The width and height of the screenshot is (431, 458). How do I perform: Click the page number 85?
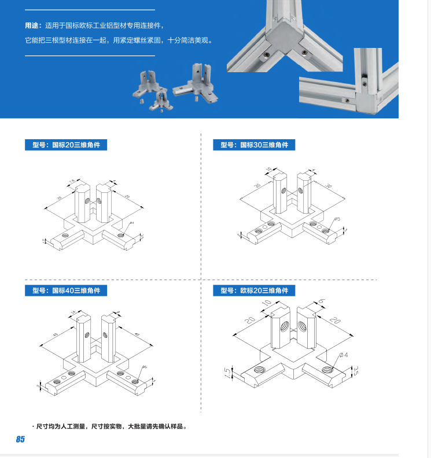click(x=20, y=439)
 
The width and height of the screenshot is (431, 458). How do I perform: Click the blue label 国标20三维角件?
click(x=66, y=144)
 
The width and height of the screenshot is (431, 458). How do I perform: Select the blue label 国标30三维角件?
click(x=254, y=144)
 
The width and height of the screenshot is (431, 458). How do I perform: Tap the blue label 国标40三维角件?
click(x=66, y=290)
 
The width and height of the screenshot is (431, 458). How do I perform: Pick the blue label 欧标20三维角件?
click(x=254, y=290)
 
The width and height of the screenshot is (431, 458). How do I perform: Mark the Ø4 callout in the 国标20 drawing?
click(x=131, y=223)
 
